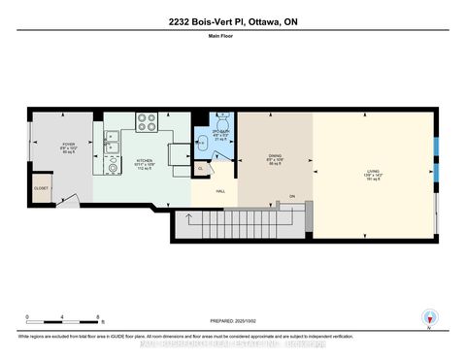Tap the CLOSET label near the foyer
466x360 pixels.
click(x=41, y=188)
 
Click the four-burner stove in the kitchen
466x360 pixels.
click(x=146, y=122)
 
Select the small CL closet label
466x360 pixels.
click(x=201, y=168)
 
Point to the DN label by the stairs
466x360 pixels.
click(x=291, y=197)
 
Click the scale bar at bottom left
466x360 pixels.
click(x=64, y=317)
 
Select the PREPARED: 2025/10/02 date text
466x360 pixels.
click(x=232, y=322)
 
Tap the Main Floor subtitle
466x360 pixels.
click(x=232, y=40)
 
